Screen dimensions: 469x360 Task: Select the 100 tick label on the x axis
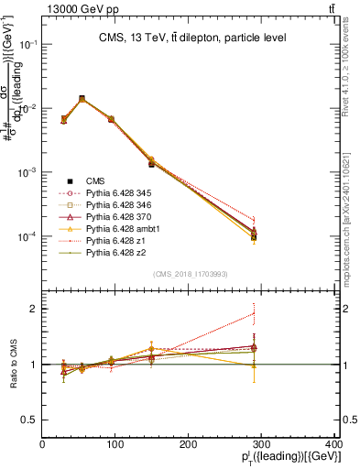pyautogui.click(x=116, y=444)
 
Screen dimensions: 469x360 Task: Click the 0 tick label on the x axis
pyautogui.click(x=43, y=444)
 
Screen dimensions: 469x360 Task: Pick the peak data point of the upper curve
pyautogui.click(x=82, y=98)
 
